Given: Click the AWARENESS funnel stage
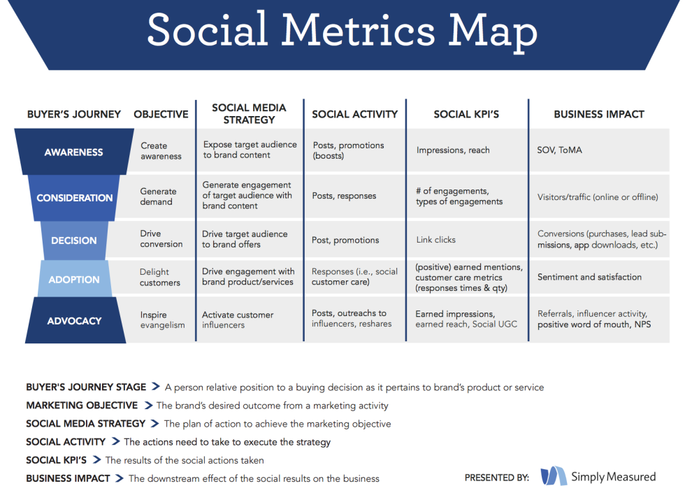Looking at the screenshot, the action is click(74, 152).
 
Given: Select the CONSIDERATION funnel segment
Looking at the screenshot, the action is click(74, 198).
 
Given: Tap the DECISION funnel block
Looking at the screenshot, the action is click(74, 241).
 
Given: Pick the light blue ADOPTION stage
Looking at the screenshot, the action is click(74, 279).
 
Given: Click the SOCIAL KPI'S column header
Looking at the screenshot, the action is click(466, 114).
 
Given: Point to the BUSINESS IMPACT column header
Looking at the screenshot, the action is click(599, 114).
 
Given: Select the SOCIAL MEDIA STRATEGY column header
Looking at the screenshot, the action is click(249, 113).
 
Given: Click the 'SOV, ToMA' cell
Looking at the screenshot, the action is click(560, 150).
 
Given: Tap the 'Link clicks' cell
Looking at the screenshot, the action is click(435, 239).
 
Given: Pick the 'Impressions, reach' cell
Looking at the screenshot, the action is click(453, 150).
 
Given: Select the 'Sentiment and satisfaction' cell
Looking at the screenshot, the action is click(589, 277).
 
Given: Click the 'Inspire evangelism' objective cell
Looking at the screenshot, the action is click(162, 320).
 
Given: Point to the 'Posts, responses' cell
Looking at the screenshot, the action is click(344, 196).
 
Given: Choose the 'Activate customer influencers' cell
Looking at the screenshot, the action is click(238, 320).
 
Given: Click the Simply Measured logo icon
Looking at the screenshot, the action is click(554, 476).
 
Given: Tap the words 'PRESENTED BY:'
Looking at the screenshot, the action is click(497, 477).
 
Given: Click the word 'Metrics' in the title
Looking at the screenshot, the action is click(358, 29).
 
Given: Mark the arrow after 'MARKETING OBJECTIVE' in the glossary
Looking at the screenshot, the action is click(148, 405).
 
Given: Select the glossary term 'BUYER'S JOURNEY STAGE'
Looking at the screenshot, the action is click(86, 387).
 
